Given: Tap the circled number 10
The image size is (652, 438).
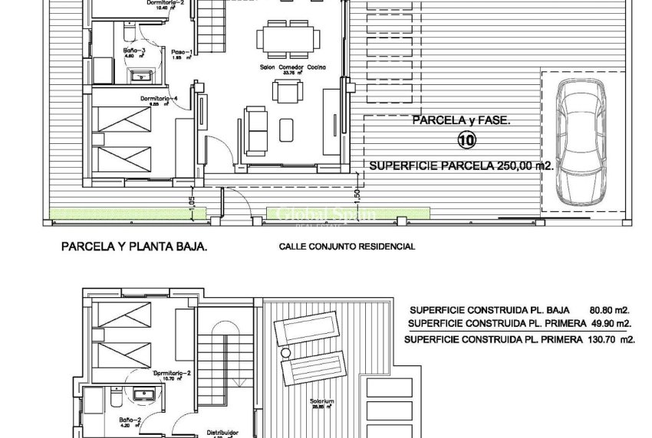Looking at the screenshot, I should coord(466,139).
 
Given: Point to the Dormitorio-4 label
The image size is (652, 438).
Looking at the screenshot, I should coord(160,99).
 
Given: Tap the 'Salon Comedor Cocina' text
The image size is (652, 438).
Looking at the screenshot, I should coord(293,67).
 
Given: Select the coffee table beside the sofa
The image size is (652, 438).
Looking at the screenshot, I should coord(287,129).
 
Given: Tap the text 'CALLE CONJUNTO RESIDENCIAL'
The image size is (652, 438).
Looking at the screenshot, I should coord(347,247).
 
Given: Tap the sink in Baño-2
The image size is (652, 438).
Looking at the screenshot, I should coord(145,394).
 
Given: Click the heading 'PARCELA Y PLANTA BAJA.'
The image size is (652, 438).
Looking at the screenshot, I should coord(134,247).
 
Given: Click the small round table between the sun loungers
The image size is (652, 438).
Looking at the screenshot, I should coord(285,353).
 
